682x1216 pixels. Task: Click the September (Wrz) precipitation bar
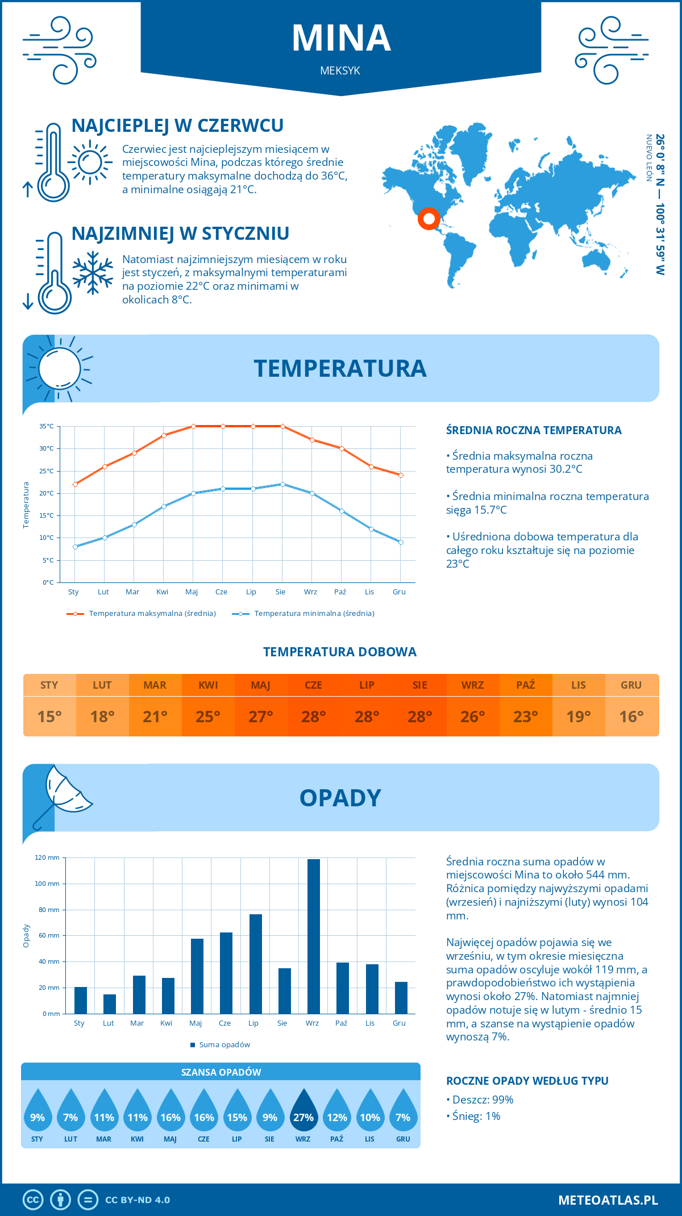pos(313,936)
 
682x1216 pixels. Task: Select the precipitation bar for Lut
pos(110,1004)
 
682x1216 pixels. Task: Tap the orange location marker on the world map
pos(429,218)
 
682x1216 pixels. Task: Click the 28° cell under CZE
pos(314,717)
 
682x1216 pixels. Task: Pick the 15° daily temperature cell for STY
pos(49,717)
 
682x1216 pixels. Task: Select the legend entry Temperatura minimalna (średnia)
pos(314,614)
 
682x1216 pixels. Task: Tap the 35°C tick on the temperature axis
pos(47,426)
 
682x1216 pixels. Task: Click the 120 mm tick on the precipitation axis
pos(47,857)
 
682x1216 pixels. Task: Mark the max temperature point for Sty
pos(75,484)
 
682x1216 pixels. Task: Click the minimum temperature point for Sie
pos(282,484)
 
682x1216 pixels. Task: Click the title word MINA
pos(341,39)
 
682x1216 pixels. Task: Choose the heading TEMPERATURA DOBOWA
pos(340,652)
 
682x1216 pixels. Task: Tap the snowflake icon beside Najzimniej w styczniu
pos(93,273)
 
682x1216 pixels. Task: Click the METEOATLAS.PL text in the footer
pos(608,1200)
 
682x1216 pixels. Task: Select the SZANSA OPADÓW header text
pos(221,1072)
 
